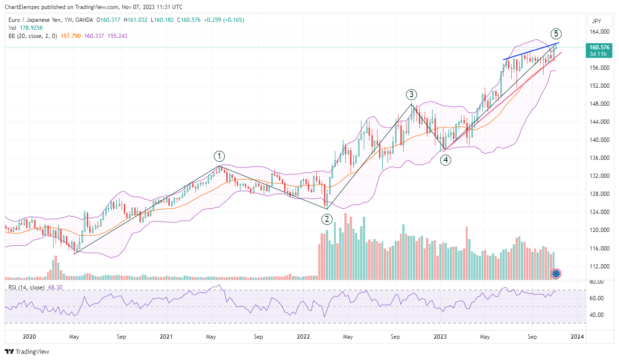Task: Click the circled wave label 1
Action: [x=219, y=156]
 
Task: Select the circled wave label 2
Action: [x=327, y=219]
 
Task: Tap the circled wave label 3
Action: [x=411, y=94]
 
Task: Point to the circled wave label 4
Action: [x=445, y=160]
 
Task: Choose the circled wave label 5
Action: [x=556, y=34]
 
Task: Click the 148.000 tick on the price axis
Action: [x=599, y=104]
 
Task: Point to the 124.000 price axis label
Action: [x=599, y=212]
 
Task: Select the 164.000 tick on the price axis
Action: [x=599, y=32]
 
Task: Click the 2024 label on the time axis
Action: [x=577, y=337]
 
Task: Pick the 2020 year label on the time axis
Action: [x=29, y=337]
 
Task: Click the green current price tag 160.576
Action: [x=599, y=47]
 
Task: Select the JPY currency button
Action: [x=596, y=21]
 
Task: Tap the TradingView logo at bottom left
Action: [x=27, y=351]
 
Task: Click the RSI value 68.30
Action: [x=55, y=287]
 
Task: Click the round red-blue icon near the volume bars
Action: [x=557, y=273]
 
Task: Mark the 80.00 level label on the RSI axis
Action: [x=596, y=282]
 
